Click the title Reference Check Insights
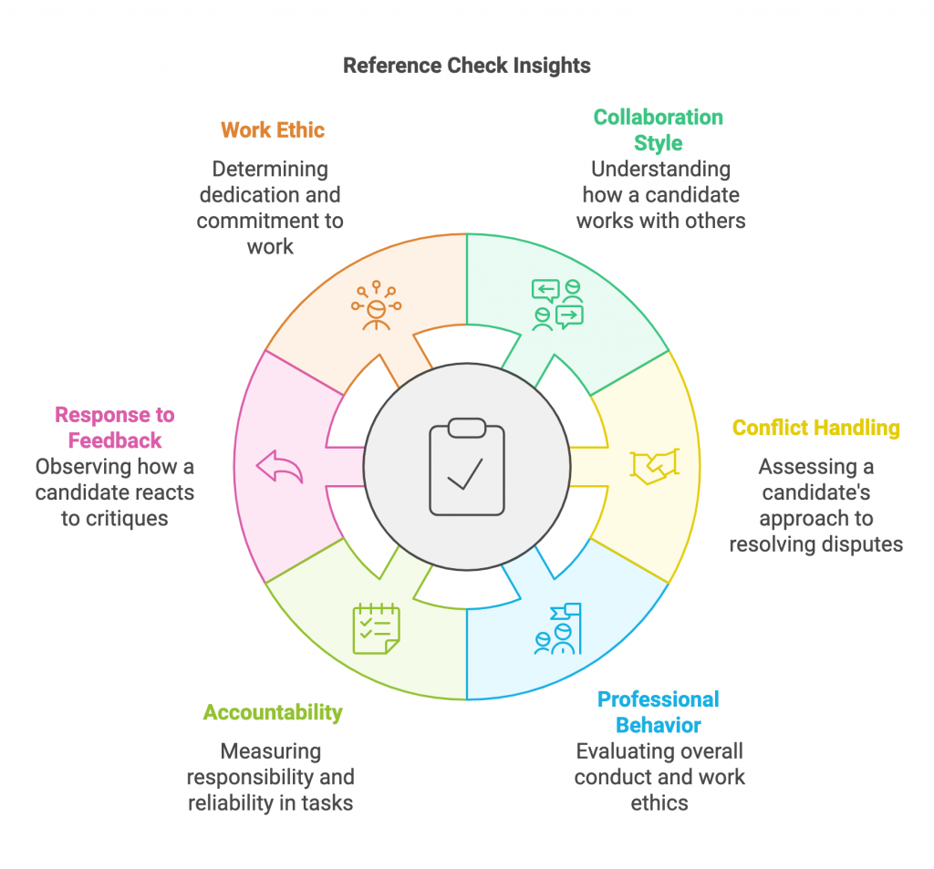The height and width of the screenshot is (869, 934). (x=466, y=66)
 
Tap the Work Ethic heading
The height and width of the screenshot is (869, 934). (x=272, y=130)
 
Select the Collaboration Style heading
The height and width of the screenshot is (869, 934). (x=658, y=130)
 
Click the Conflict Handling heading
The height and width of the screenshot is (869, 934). (x=815, y=428)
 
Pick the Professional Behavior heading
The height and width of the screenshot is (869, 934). (x=658, y=712)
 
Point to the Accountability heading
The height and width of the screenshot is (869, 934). (x=273, y=712)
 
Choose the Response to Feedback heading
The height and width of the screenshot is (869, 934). (x=114, y=428)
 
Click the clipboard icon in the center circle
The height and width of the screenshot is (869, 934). (x=466, y=467)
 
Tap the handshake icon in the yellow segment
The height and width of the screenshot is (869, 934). (x=655, y=466)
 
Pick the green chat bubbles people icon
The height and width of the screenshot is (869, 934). (x=557, y=305)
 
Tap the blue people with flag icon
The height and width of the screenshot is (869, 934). (x=557, y=629)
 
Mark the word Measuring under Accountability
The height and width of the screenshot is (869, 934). (x=271, y=752)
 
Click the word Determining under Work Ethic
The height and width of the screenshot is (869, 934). (x=270, y=170)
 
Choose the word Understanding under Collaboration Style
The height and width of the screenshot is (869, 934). (x=660, y=170)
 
